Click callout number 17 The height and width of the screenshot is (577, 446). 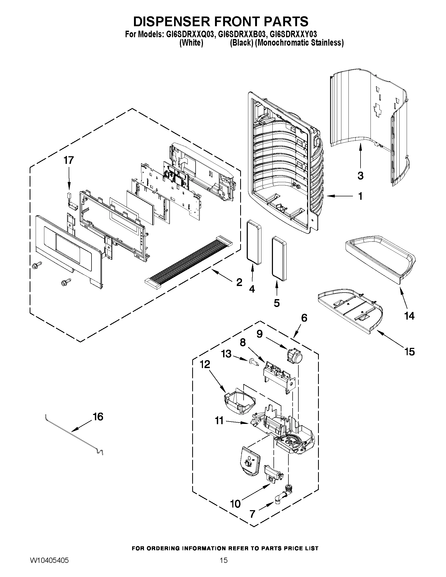pyautogui.click(x=68, y=160)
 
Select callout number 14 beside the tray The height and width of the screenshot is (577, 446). pyautogui.click(x=409, y=316)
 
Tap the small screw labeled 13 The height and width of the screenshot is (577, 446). pyautogui.click(x=252, y=362)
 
